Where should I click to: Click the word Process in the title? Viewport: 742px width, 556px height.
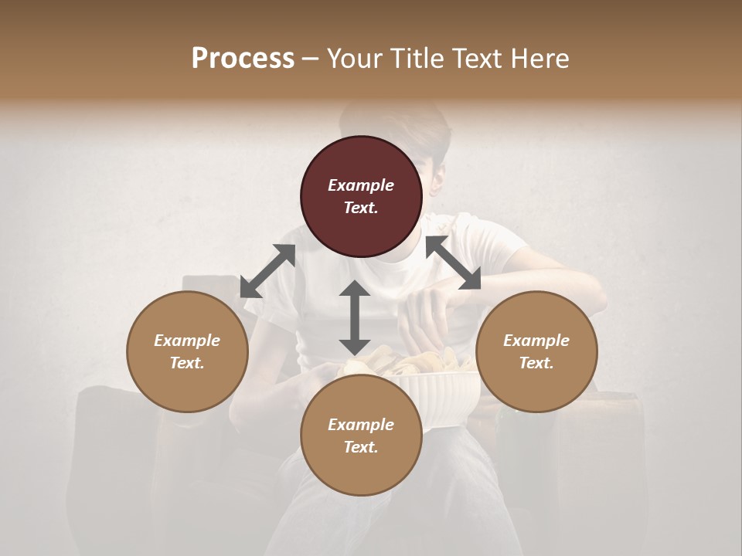tap(243, 59)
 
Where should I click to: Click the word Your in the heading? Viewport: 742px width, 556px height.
tap(352, 59)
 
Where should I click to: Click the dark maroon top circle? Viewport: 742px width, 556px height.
tap(361, 197)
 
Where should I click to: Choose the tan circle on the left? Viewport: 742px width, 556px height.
tap(187, 351)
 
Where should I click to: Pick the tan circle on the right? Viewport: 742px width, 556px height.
tap(536, 351)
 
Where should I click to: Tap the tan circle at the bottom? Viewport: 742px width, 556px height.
tap(361, 436)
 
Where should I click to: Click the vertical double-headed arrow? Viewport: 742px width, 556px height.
tap(355, 317)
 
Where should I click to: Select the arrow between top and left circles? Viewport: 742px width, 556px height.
tap(267, 271)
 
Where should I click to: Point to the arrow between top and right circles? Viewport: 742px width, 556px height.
tap(453, 263)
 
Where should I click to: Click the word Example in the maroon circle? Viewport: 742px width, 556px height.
tap(361, 185)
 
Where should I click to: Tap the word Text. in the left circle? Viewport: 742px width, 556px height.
tap(187, 363)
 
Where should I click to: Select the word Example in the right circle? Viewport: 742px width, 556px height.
tap(536, 341)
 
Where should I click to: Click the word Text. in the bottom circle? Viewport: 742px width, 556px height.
tap(361, 447)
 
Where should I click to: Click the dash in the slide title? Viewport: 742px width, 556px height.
tap(310, 59)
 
